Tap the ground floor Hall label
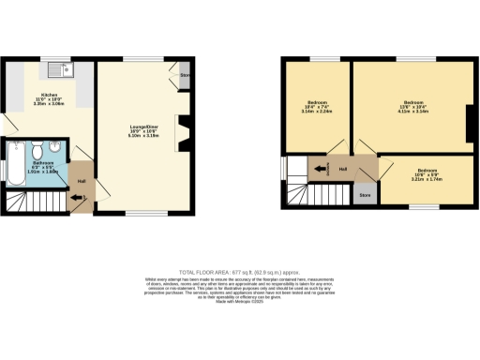(x=82, y=181)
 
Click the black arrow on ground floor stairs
(x=77, y=198)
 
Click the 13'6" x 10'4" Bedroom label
(x=413, y=105)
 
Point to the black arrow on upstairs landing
(x=322, y=170)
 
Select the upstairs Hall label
(x=343, y=170)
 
